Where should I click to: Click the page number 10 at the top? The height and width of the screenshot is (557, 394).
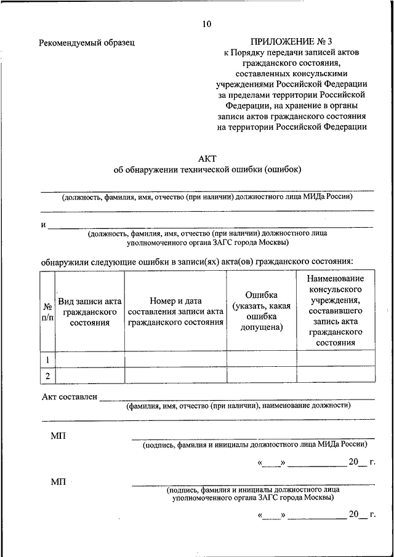[x=206, y=24]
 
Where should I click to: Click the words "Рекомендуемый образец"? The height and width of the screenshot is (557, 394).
[x=87, y=42]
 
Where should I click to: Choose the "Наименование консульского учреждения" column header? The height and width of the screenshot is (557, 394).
[x=336, y=311]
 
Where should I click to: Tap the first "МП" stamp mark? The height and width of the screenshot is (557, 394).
[x=58, y=436]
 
